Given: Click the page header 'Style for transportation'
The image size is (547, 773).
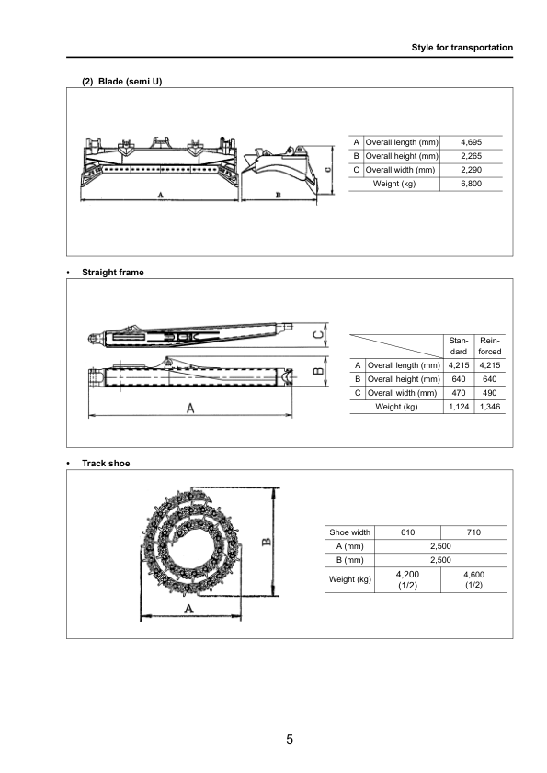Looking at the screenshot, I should (x=462, y=47).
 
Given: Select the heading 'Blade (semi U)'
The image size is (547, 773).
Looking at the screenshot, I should (x=129, y=81).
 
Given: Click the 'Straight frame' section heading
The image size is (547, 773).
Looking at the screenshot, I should (x=112, y=273).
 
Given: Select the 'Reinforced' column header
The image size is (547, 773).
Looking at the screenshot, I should (x=489, y=346).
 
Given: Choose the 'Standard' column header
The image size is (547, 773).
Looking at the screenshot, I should (x=458, y=346).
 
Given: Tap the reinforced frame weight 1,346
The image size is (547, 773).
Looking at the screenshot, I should (x=489, y=407).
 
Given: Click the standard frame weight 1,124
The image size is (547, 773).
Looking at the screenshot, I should (x=458, y=407).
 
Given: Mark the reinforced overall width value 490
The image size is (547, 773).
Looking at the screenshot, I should (x=489, y=393).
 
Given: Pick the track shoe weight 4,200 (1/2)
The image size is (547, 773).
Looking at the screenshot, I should (x=407, y=579).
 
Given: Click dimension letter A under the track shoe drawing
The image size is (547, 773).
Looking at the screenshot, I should (x=188, y=609).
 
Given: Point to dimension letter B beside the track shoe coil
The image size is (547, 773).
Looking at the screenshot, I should (x=266, y=542).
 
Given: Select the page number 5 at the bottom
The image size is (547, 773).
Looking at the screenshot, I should (x=290, y=739).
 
